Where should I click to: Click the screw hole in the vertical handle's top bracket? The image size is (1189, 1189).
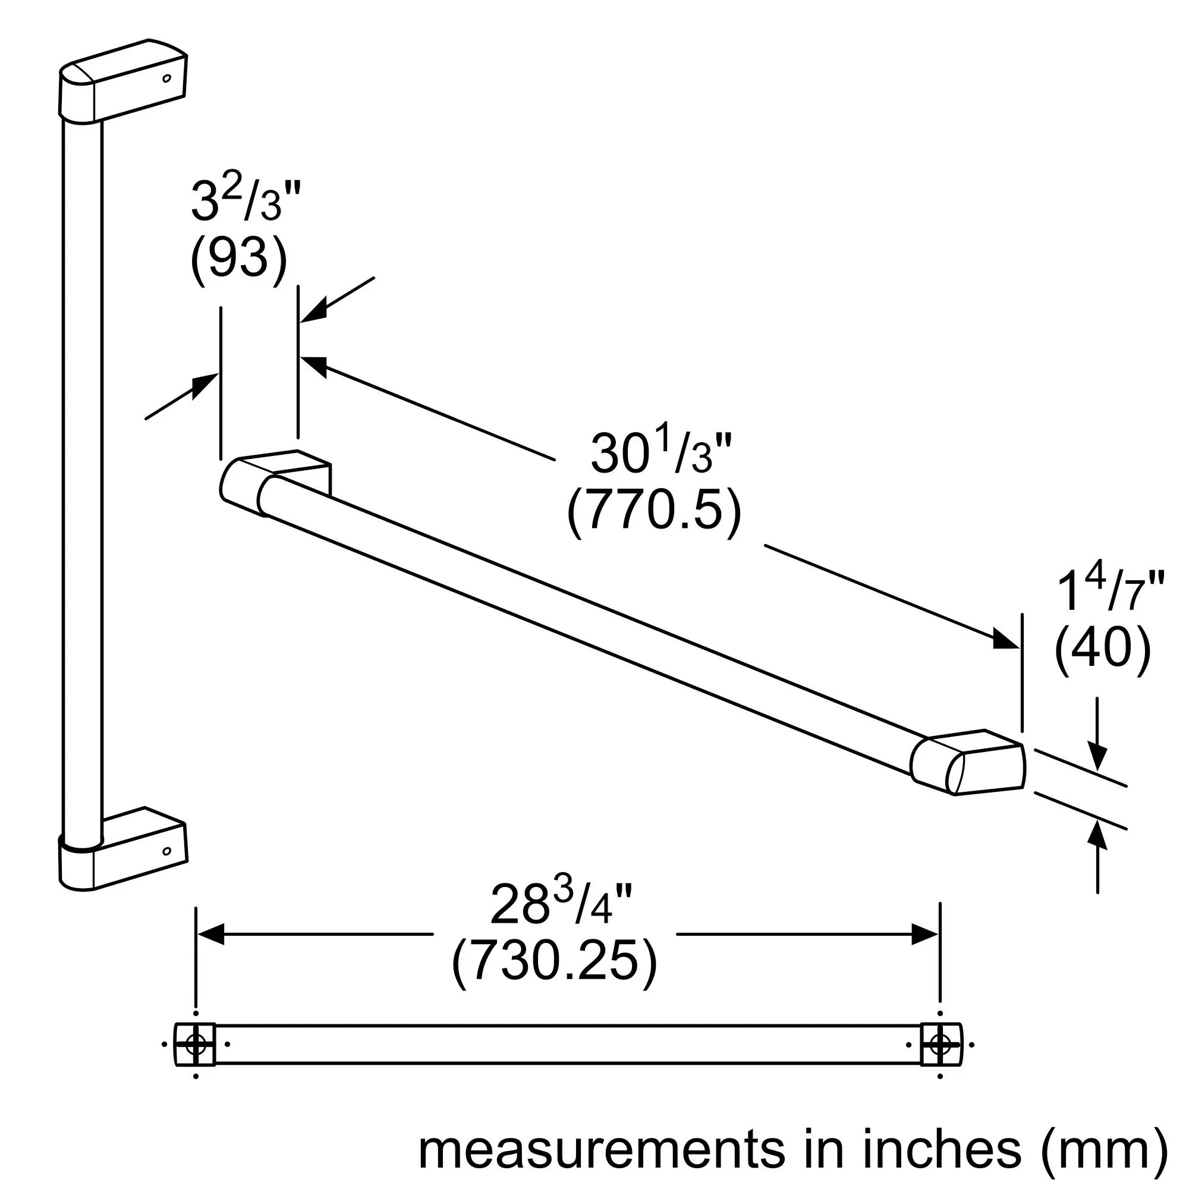coord(166,79)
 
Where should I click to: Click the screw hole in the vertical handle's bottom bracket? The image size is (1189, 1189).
coord(166,851)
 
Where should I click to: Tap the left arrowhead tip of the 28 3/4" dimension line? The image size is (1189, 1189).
coord(197,934)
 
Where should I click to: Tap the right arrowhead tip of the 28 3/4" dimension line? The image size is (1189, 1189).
coord(939,934)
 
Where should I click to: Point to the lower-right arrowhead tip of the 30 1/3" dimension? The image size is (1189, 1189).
coord(1018,647)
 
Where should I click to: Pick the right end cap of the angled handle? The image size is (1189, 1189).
coord(967,763)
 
